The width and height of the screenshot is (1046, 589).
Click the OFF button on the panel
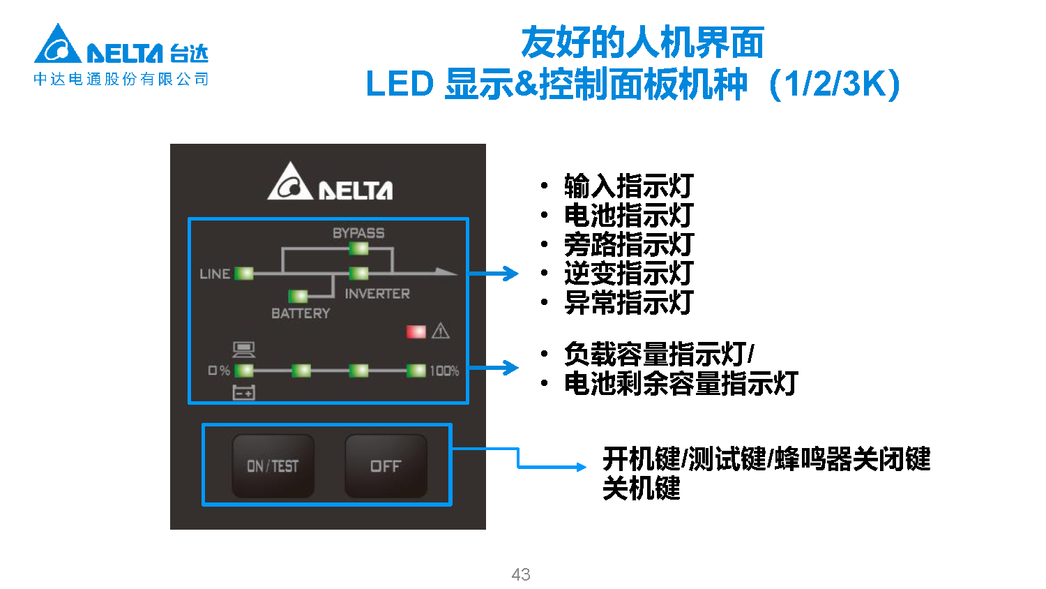(386, 466)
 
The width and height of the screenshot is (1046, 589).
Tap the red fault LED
(416, 331)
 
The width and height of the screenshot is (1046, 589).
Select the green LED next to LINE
(244, 273)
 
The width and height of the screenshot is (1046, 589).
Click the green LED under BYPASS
(358, 248)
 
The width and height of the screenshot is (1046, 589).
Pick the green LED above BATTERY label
(298, 296)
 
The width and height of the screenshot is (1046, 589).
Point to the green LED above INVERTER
(358, 273)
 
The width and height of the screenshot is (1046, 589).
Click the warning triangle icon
(441, 331)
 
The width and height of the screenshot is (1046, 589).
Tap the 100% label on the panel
(444, 371)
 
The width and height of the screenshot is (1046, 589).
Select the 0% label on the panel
(219, 371)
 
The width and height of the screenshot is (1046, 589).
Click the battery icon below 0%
(244, 393)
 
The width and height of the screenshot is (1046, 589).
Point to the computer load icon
(243, 349)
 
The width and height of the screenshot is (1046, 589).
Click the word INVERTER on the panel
(377, 294)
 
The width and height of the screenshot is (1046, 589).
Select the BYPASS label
(358, 233)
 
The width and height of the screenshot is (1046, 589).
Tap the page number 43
(521, 574)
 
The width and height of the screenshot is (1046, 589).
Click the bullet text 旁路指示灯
(628, 244)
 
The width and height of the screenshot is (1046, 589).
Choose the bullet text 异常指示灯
(628, 302)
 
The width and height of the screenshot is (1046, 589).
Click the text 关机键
(641, 488)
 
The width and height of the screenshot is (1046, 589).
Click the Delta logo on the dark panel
(331, 183)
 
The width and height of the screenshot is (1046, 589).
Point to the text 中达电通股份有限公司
(121, 80)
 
